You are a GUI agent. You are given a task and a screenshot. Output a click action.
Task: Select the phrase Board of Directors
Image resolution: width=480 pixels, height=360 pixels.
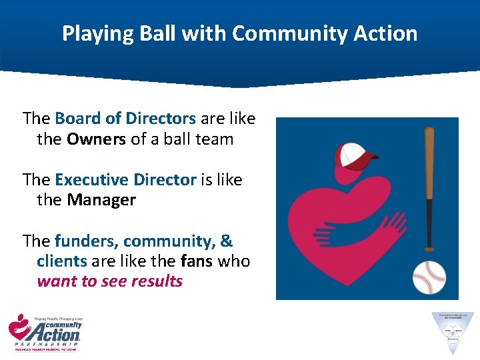click(x=125, y=119)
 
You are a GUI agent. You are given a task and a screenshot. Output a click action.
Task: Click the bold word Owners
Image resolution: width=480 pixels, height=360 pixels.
click(x=97, y=139)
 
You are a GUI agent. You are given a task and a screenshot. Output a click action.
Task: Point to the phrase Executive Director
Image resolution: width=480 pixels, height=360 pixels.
click(x=125, y=180)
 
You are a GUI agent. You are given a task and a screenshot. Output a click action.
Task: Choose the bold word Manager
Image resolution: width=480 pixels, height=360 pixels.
click(x=101, y=200)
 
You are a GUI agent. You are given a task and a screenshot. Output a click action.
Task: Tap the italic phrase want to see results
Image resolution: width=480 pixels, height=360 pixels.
click(x=109, y=281)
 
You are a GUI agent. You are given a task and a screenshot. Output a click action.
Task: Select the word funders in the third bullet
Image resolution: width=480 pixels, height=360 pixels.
click(x=86, y=241)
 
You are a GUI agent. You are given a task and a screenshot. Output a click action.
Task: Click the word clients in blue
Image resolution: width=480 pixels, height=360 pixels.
click(x=61, y=261)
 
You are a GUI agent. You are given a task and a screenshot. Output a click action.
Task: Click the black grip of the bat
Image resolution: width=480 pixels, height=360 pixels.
click(x=429, y=223)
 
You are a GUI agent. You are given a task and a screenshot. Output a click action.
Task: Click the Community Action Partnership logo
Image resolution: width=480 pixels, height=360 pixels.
click(x=45, y=333)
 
